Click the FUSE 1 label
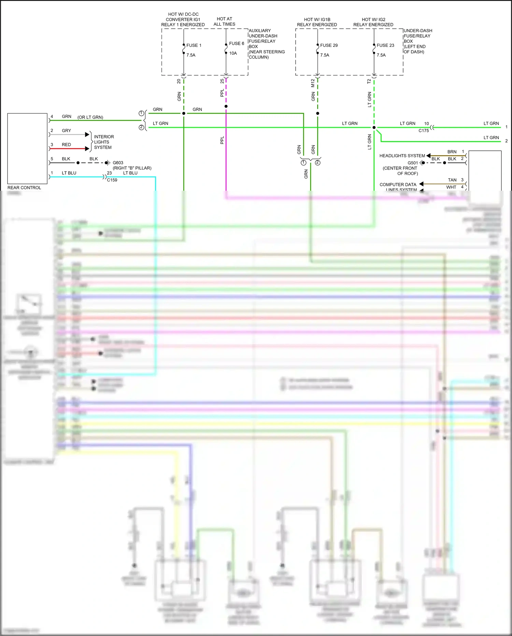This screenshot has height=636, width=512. (194, 45)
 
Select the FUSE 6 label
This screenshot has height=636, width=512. (236, 43)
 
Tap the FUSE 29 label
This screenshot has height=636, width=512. (329, 45)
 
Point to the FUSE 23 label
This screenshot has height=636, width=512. (385, 45)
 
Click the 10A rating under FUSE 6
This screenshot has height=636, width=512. (233, 53)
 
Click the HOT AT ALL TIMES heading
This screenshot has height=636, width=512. (224, 22)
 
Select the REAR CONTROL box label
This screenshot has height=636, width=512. (24, 188)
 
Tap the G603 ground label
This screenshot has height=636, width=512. (118, 163)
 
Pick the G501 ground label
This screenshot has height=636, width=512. (412, 163)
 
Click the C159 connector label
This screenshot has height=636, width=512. (112, 180)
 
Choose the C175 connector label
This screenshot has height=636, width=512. (423, 131)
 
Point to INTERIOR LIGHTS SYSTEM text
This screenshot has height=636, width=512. (103, 142)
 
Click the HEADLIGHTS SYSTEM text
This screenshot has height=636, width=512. (402, 155)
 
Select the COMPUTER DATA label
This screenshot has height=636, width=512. (398, 185)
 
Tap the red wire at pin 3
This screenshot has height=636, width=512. (68, 149)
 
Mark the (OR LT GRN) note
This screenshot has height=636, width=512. (90, 117)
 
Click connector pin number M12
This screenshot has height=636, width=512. (313, 83)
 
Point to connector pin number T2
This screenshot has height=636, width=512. (369, 81)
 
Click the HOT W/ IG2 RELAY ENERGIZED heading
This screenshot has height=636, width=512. (373, 22)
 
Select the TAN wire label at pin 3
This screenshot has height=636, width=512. (452, 180)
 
